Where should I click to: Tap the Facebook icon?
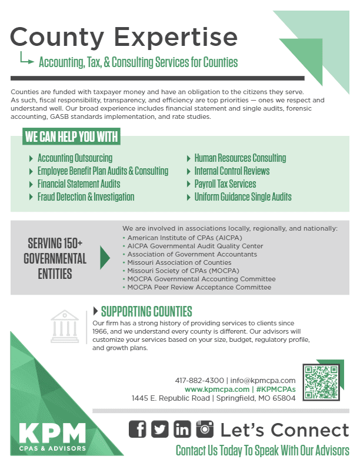137,430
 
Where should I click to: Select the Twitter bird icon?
159,430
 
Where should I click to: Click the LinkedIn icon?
182,430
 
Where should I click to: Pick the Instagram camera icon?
205,430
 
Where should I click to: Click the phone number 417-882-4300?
199,380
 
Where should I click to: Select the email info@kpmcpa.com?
263,380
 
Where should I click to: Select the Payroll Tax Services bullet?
225,184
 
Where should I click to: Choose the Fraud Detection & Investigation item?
86,197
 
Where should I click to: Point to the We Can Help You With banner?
71,138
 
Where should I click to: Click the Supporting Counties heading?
146,311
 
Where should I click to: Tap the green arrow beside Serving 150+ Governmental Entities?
105,258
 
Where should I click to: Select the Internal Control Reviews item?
232,171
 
